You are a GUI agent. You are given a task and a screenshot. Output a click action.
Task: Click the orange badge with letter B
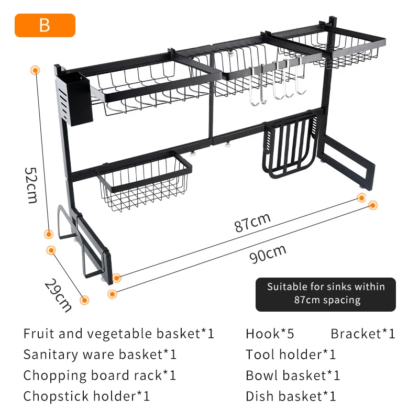pos(45,25)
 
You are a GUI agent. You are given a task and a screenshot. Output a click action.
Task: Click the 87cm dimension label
pos(252,222)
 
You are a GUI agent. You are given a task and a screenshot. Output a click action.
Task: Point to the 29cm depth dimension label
pos(58,295)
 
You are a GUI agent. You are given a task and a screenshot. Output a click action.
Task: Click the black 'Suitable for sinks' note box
pos(325,294)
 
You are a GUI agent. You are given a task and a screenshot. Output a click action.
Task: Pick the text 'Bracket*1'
pos(362,334)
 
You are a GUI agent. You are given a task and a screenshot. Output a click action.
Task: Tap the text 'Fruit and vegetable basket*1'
pos(119,334)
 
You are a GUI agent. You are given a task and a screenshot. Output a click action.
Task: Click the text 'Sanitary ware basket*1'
pos(100,355)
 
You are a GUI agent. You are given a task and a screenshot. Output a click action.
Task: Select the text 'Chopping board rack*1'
pos(100,376)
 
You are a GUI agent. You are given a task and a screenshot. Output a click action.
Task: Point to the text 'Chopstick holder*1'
pos(87,396)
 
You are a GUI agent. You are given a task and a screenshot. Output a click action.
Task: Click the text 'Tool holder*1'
pos(291,355)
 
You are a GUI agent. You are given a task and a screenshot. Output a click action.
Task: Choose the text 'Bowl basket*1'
pos(293,376)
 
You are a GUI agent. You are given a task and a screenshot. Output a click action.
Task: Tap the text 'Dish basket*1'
pos(291,396)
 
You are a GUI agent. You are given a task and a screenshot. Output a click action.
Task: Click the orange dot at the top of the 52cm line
pos(36,69)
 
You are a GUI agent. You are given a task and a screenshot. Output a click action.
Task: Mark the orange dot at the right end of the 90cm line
pos(372,205)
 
